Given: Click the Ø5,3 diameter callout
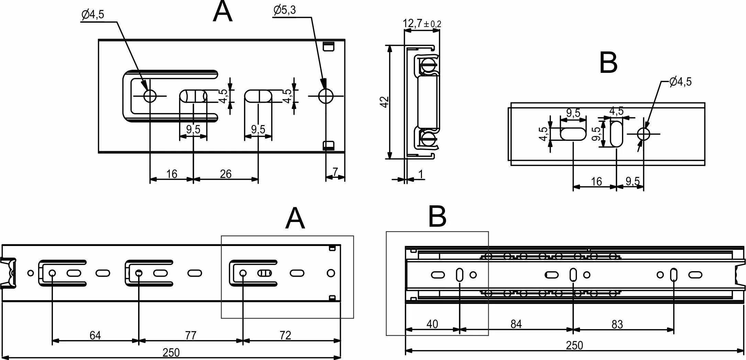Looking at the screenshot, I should [285, 10].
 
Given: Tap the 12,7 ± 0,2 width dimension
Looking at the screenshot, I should [422, 24].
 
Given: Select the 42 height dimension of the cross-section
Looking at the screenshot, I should [385, 102].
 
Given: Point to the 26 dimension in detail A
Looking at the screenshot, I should [225, 174].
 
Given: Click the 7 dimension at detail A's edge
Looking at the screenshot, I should [335, 172].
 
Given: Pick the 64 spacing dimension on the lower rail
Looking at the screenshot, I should [95, 335].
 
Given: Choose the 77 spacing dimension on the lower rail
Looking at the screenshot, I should [191, 335].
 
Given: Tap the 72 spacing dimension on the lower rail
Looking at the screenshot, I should [286, 335].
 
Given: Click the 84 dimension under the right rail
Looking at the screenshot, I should [516, 324].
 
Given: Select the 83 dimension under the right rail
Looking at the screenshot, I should [617, 324].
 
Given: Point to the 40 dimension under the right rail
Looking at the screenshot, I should [432, 324].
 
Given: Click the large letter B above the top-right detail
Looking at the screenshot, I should [608, 63].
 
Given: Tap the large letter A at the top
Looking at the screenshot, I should [223, 12].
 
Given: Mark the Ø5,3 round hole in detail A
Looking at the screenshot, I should [325, 96].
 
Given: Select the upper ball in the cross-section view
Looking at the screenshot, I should [428, 65].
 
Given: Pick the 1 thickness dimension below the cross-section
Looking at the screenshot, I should [421, 175].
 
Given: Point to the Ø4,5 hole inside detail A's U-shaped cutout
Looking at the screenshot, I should [150, 96].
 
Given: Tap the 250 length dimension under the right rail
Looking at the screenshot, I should [574, 345].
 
